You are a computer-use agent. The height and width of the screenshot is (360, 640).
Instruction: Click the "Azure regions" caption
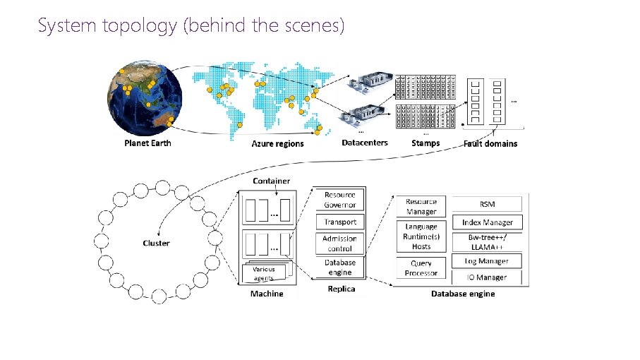[277, 143]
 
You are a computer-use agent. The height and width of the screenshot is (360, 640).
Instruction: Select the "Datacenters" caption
[364, 143]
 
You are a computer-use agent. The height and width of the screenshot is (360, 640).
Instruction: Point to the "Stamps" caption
[425, 143]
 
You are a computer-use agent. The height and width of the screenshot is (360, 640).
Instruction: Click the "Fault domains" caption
[490, 143]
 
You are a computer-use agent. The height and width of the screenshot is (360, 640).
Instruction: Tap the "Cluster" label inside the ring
[156, 243]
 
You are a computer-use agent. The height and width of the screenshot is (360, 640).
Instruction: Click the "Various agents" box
[265, 273]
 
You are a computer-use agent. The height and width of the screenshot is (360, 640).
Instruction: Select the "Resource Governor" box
[340, 199]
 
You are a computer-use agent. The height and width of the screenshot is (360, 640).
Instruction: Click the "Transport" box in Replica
[340, 222]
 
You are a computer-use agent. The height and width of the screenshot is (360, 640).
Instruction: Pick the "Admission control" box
[340, 243]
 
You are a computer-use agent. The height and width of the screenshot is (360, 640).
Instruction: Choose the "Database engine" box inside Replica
[340, 267]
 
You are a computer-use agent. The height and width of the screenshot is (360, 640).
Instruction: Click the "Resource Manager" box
[421, 206]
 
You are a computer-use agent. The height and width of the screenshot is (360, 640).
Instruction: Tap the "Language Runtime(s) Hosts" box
[421, 236]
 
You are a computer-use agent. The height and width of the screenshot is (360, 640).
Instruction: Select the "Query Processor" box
[421, 268]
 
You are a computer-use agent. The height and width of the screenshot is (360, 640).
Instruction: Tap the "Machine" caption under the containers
[267, 294]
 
